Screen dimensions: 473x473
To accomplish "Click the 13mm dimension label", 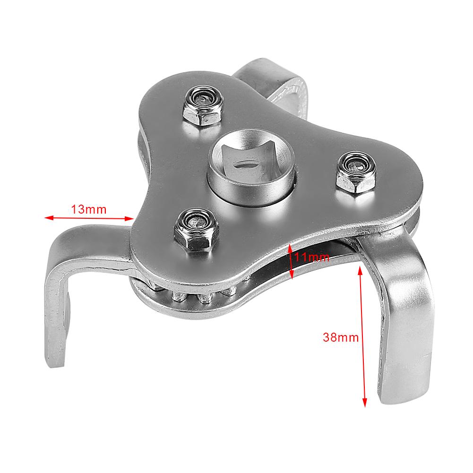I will point(89,208).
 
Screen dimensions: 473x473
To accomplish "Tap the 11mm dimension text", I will point(311,258).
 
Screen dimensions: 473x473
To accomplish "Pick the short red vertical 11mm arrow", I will point(291,260).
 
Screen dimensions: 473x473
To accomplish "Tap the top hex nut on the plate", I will point(202,106).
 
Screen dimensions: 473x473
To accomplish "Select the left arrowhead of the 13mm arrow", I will point(47,218).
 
